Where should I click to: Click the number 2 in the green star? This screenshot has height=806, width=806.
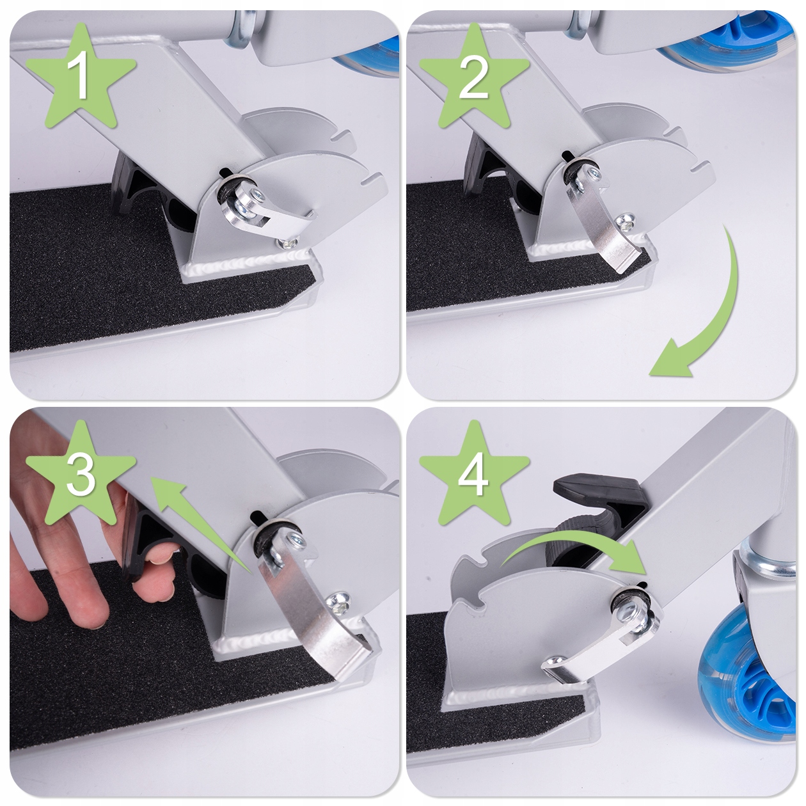(x=473, y=75)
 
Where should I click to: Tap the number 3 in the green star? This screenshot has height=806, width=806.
(x=80, y=474)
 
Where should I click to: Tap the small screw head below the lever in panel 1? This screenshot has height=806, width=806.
(x=288, y=242)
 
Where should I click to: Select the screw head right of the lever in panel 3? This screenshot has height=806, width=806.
(x=340, y=601)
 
